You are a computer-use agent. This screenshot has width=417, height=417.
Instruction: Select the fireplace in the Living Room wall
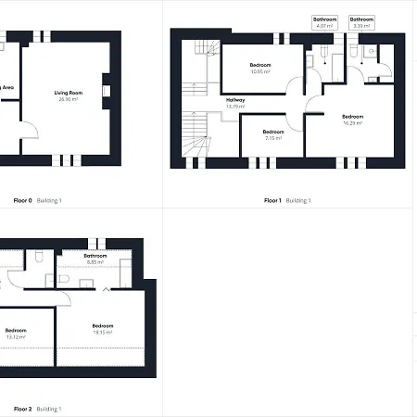tap(107, 91)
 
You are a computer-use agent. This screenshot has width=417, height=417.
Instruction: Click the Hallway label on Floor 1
tap(235, 100)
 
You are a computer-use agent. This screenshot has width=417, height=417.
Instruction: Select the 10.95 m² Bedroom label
tap(259, 65)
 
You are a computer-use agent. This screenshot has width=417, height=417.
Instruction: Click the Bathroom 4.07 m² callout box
tap(324, 22)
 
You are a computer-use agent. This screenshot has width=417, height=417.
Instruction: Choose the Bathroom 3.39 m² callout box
tap(361, 22)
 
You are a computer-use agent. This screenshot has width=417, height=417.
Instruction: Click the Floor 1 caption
tap(272, 200)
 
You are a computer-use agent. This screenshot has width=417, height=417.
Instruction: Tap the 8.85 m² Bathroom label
tap(95, 259)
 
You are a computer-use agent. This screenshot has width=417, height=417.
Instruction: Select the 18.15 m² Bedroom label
tap(103, 328)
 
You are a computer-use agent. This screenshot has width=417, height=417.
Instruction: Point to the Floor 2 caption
tap(23, 409)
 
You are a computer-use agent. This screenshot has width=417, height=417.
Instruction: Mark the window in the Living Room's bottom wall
tap(66, 159)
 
